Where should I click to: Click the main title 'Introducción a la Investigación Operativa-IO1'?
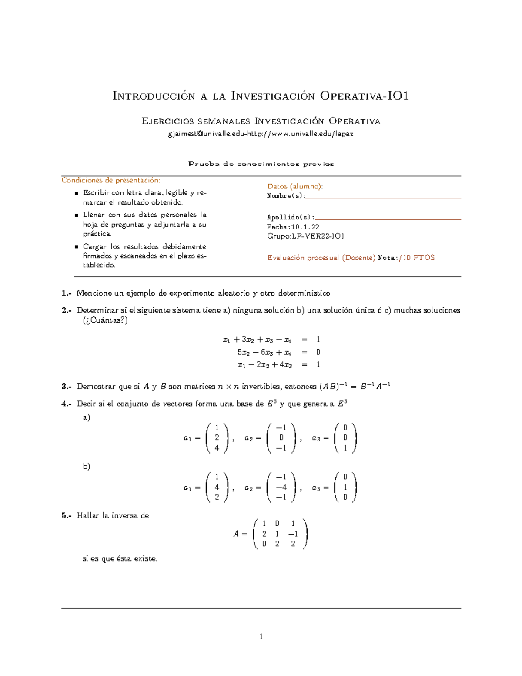click(261, 96)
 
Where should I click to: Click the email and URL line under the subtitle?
click(261, 134)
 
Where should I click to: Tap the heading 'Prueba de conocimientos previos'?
click(261, 164)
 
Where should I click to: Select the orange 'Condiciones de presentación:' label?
click(111, 180)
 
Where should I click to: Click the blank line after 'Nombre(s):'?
click(383, 196)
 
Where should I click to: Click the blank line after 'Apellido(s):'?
click(387, 218)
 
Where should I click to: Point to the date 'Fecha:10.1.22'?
click(293, 227)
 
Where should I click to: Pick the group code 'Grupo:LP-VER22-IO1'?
click(305, 236)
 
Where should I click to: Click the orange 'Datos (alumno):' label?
click(295, 186)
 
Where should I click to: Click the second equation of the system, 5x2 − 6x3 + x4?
click(264, 352)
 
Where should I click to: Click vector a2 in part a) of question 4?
click(281, 438)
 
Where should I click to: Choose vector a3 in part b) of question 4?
click(345, 488)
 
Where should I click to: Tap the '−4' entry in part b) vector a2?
click(281, 488)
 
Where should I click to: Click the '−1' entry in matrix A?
click(293, 534)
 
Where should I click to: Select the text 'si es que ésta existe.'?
click(120, 558)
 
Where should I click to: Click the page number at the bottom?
click(261, 637)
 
